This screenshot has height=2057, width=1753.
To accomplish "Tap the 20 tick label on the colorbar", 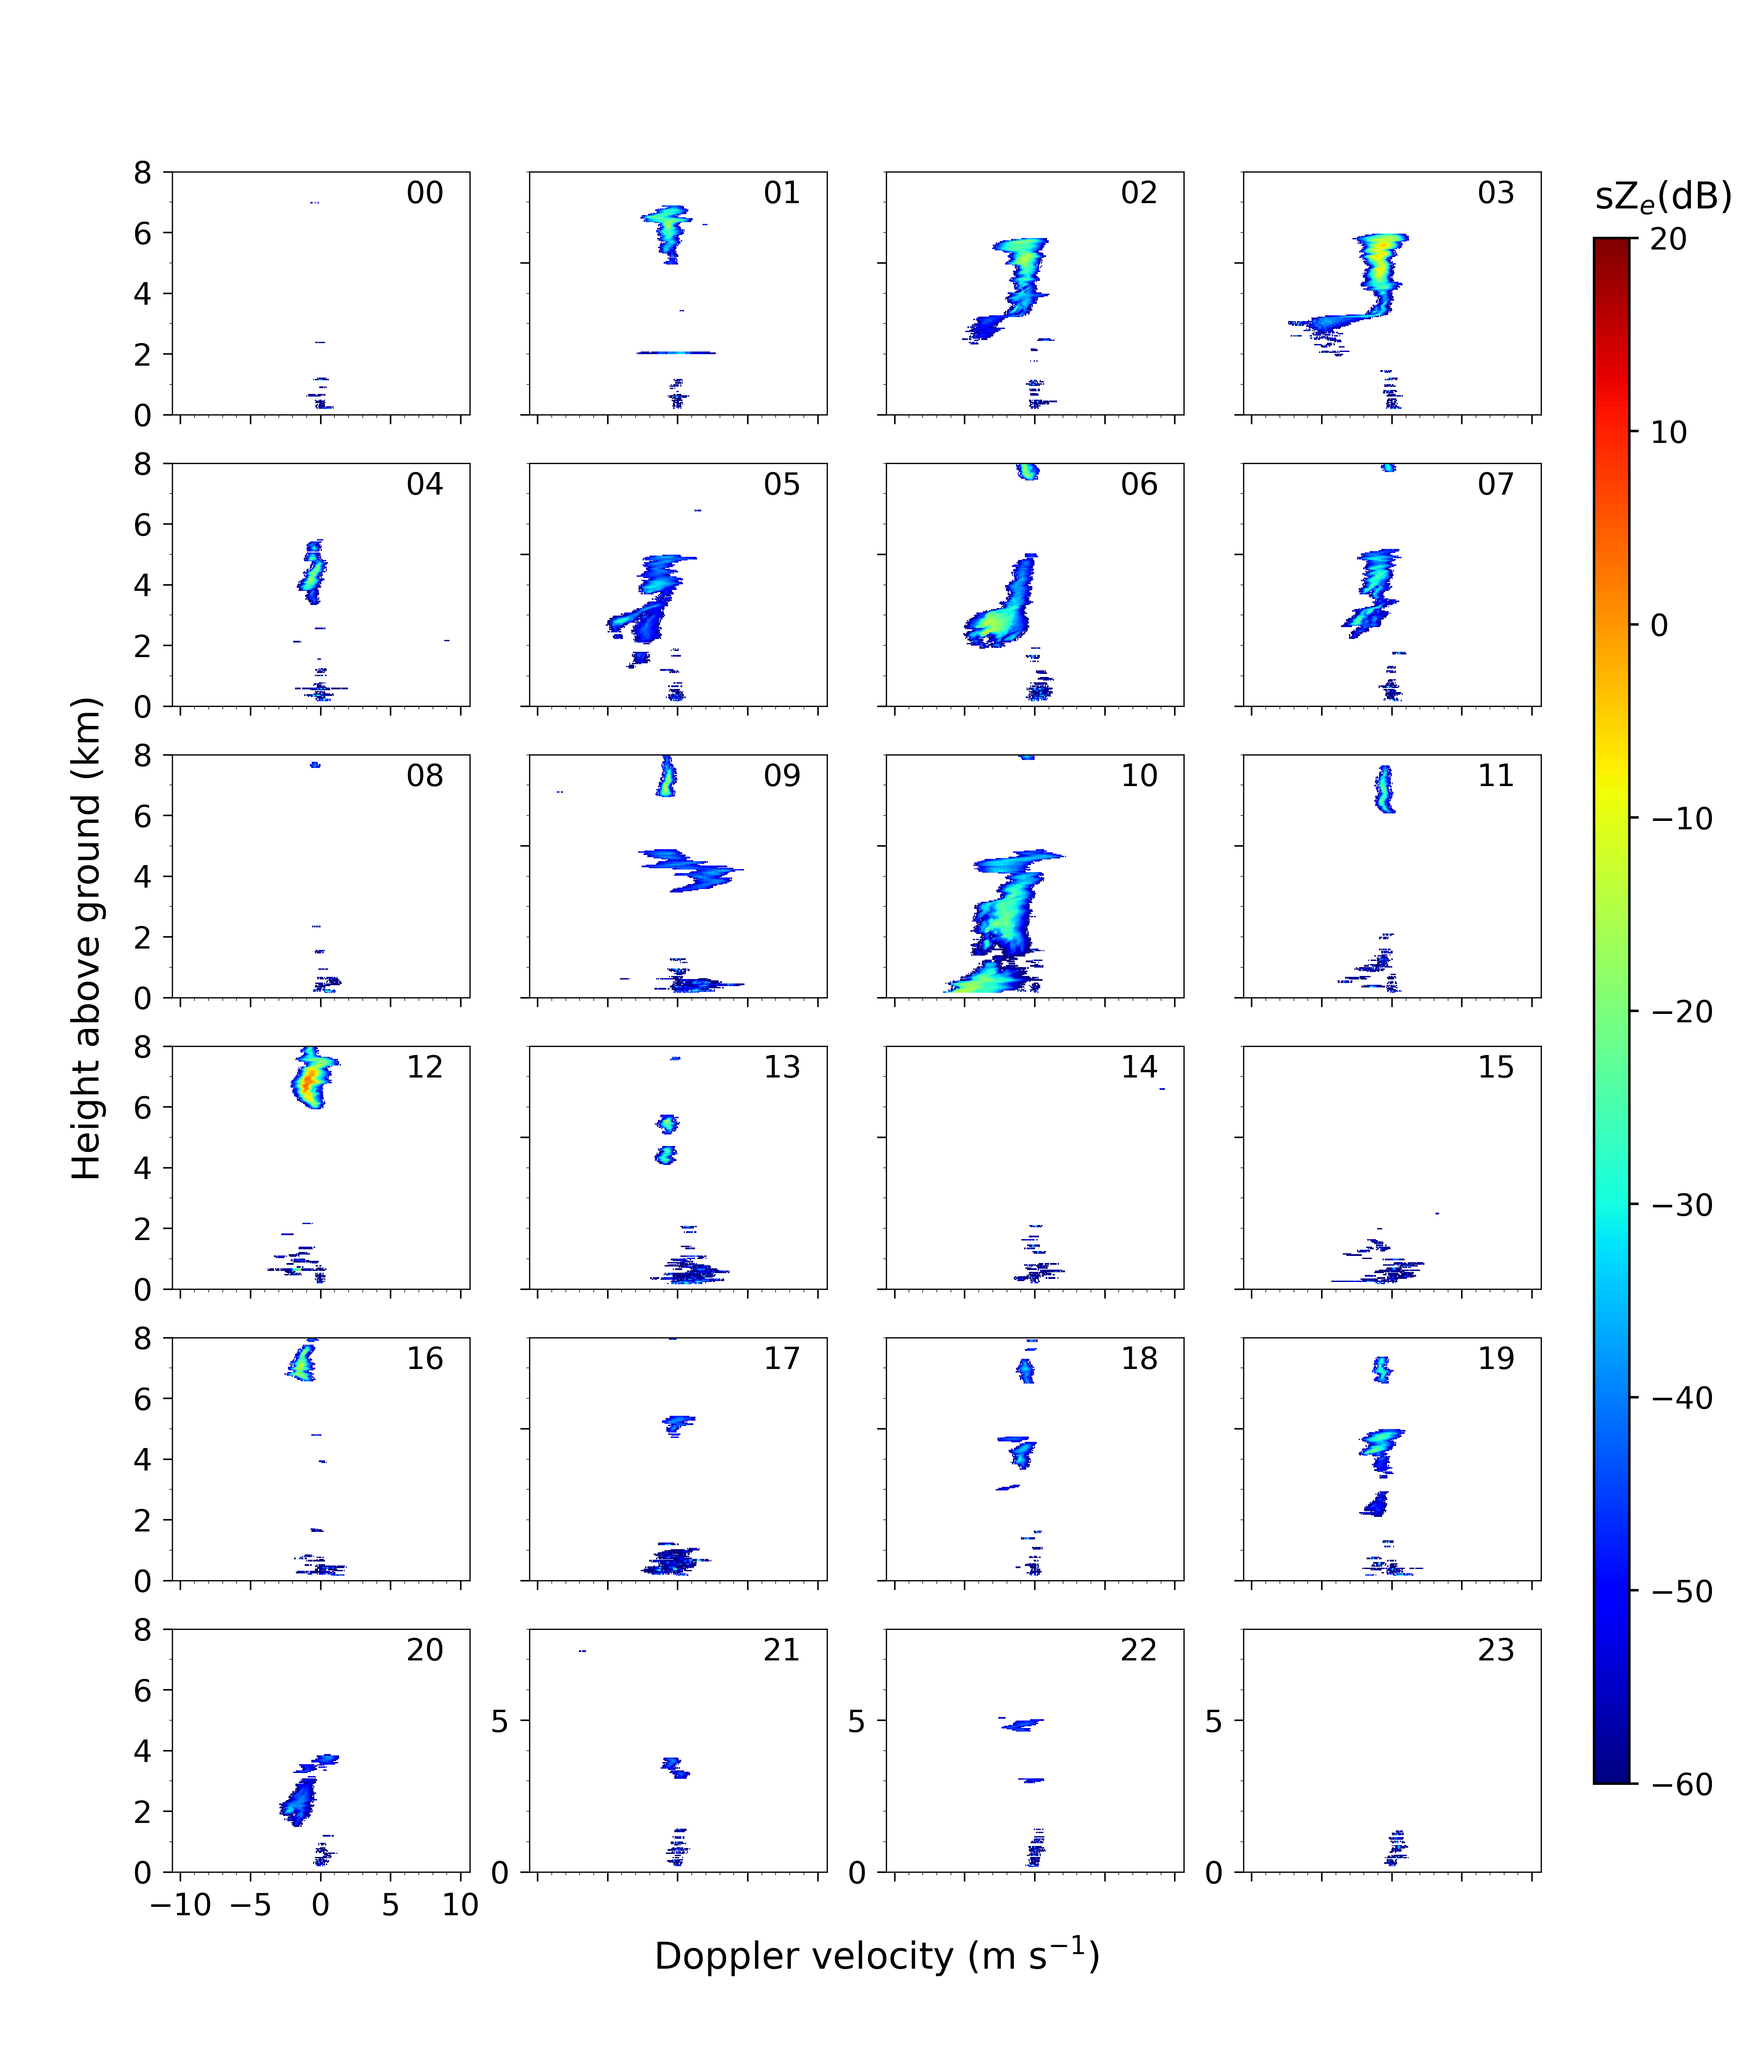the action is (x=1669, y=239).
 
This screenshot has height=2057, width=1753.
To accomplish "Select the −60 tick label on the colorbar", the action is (x=1681, y=1784).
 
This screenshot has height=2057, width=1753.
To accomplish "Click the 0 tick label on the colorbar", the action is (x=1659, y=625).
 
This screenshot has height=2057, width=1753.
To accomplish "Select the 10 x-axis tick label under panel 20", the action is (x=461, y=1905).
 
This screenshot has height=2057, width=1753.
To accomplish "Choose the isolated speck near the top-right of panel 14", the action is (x=1161, y=1089).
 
